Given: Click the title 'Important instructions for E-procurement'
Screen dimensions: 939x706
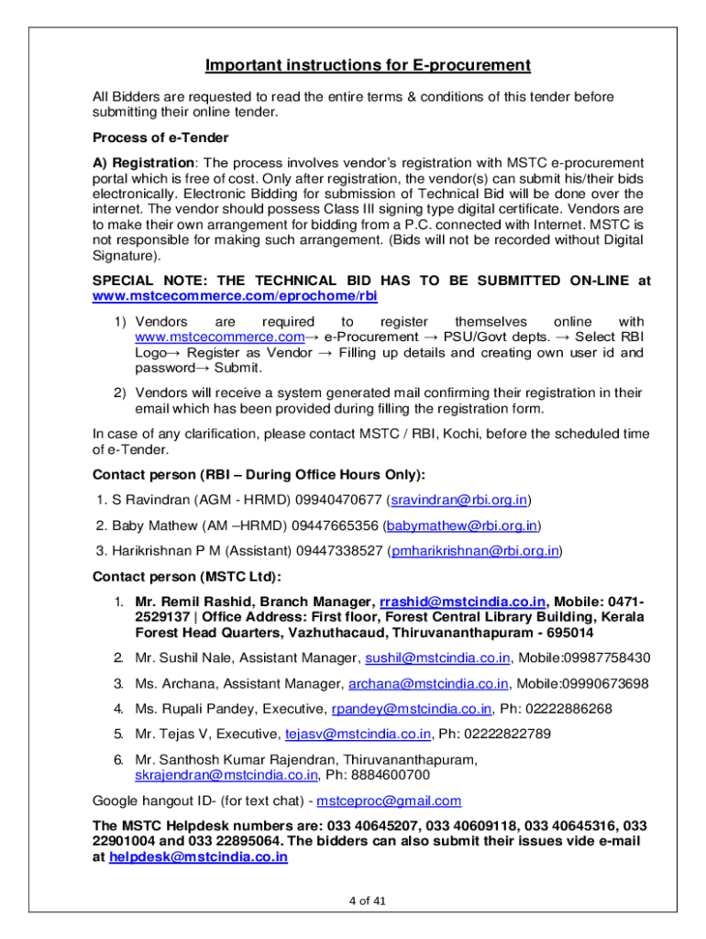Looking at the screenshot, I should pyautogui.click(x=368, y=65).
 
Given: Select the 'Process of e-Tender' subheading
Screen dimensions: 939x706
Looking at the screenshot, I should pyautogui.click(x=160, y=138).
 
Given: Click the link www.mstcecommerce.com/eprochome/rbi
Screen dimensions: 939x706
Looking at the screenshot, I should pyautogui.click(x=236, y=297).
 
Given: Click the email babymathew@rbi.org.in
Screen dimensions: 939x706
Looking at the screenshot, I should pyautogui.click(x=463, y=525).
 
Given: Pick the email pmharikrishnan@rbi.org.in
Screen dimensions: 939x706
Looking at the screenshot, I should pyautogui.click(x=475, y=551).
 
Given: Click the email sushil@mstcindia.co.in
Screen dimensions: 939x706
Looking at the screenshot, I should pyautogui.click(x=437, y=657).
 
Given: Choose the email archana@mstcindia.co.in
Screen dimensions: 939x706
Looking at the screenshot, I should pyautogui.click(x=428, y=683).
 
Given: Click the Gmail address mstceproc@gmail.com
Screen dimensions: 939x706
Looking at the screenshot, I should pyautogui.click(x=389, y=801).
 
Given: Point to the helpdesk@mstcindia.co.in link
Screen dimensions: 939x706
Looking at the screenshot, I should pyautogui.click(x=198, y=857).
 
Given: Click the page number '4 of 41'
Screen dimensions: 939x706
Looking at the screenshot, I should pyautogui.click(x=368, y=900).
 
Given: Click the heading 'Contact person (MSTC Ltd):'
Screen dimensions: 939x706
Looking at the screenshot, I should pyautogui.click(x=187, y=577).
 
